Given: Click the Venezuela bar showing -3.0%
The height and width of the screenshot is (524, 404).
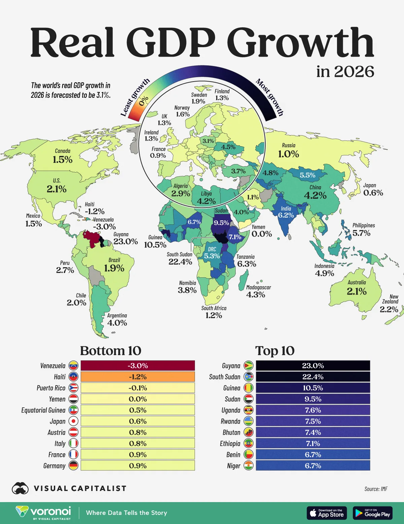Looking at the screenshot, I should point(138,366).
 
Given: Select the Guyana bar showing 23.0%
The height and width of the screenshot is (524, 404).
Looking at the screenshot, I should point(313,366).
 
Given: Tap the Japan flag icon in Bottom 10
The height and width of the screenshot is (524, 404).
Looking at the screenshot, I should point(73,421).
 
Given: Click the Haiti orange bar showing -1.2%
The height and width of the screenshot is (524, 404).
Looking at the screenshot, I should point(138,377).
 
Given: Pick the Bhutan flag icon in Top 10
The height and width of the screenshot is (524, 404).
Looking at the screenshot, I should point(248,432).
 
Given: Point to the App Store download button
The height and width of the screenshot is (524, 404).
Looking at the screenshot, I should point(327,513).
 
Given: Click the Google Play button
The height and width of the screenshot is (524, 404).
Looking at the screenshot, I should point(373,513).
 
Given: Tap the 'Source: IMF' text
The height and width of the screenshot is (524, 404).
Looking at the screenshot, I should point(376,489).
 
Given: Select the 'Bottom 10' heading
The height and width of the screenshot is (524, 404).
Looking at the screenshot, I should point(110,351).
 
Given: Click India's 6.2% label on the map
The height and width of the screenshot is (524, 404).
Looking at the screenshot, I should point(286,215).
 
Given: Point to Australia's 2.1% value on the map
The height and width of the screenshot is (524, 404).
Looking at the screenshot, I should point(357,291).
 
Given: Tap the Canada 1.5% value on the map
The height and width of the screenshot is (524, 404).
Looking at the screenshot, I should point(63,159).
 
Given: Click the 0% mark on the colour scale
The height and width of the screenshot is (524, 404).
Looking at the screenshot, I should point(144,101).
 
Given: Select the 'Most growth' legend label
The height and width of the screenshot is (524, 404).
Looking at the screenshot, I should point(270,97).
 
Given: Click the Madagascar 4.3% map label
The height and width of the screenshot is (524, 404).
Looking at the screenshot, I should point(256,295).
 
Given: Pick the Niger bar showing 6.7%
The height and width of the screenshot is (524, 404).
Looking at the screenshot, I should point(313,466).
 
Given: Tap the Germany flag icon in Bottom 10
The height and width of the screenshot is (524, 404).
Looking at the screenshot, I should point(73,466).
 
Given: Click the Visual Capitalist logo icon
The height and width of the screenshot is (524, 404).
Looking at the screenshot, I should point(20,488).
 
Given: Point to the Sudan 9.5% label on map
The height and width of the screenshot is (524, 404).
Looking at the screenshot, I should point(222,223).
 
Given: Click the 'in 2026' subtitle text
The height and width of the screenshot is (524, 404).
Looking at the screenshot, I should point(345,72).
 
